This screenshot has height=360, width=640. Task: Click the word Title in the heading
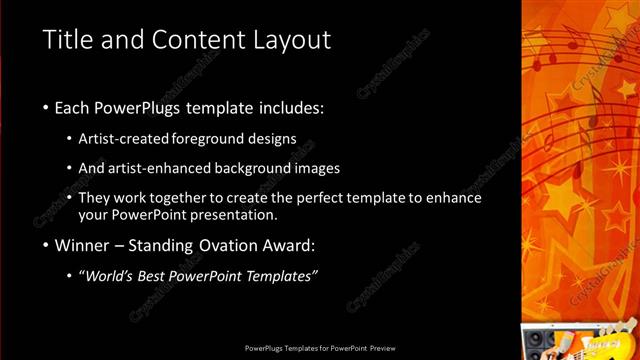[67, 40]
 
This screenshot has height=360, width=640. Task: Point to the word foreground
[207, 138]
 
